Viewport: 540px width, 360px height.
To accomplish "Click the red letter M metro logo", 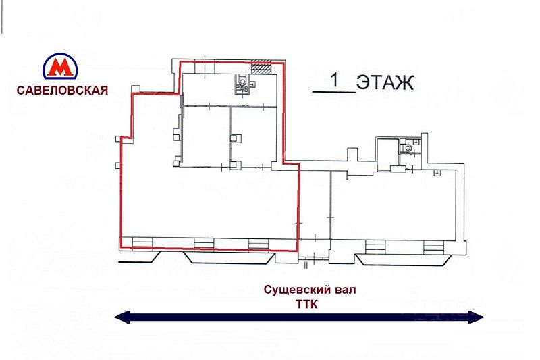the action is click(x=60, y=66).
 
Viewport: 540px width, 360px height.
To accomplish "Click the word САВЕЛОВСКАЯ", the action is click(x=62, y=91).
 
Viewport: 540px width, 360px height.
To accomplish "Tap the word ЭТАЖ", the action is click(x=385, y=82).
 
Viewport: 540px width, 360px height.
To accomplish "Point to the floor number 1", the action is click(x=334, y=80).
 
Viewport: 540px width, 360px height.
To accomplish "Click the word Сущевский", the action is click(x=292, y=290).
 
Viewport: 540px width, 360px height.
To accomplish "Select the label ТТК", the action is click(x=306, y=305).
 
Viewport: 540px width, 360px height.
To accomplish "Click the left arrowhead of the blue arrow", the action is click(x=122, y=317).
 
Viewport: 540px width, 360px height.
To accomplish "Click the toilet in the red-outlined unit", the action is click(x=243, y=82).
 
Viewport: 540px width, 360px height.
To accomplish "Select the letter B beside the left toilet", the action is click(x=246, y=90).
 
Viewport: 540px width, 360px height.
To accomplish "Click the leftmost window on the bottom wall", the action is click(x=142, y=243).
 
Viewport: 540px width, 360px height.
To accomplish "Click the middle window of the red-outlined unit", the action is click(x=204, y=243).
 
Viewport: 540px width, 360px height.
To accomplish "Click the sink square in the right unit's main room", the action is click(x=437, y=173).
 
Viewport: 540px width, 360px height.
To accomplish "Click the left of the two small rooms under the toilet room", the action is click(x=206, y=136).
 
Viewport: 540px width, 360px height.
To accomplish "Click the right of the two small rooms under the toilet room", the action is click(x=254, y=136).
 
